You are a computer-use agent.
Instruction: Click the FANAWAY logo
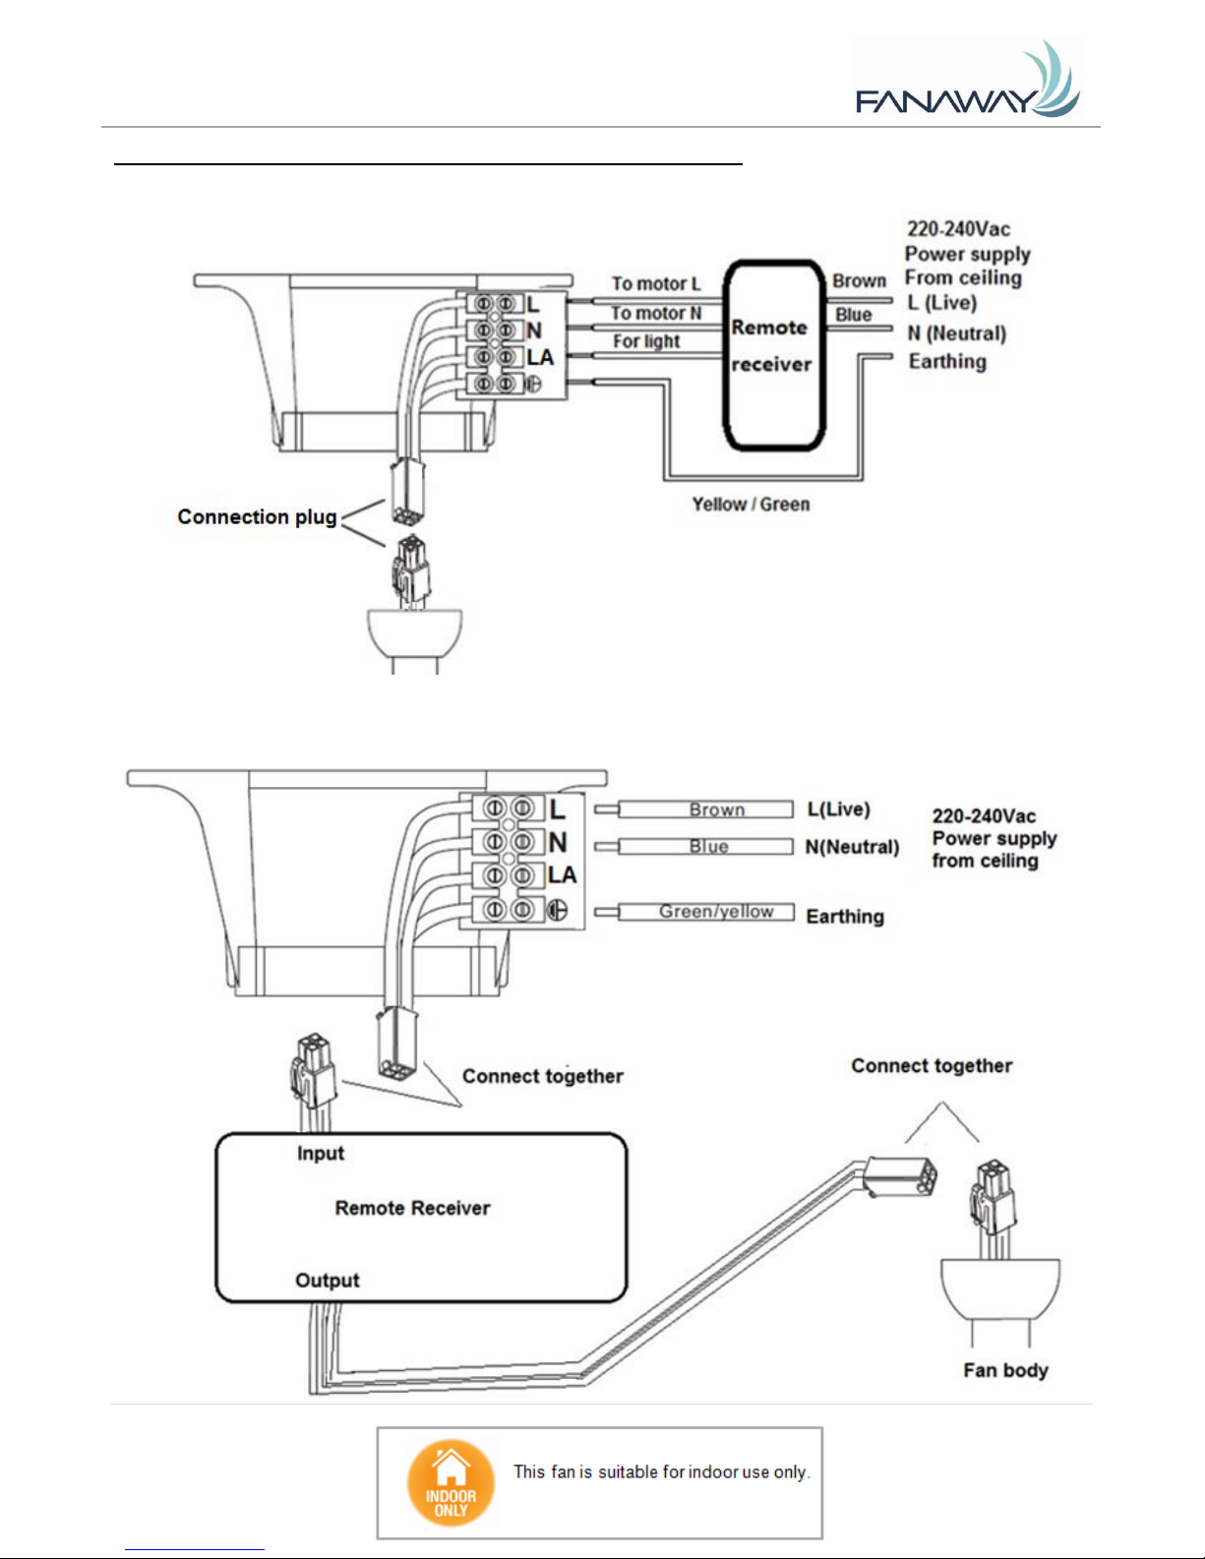(968, 80)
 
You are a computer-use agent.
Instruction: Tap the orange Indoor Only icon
(451, 1482)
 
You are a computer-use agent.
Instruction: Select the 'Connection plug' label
(257, 516)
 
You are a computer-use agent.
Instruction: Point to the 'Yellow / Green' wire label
(751, 505)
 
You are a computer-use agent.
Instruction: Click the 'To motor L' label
(655, 283)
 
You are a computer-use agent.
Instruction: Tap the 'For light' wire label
(645, 341)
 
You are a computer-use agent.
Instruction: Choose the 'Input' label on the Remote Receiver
(321, 1153)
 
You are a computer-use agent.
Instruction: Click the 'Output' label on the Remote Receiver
(327, 1280)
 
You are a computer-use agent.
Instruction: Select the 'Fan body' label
(1005, 1370)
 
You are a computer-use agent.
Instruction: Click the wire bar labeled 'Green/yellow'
(706, 912)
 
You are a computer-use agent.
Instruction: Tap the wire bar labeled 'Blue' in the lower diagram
(705, 847)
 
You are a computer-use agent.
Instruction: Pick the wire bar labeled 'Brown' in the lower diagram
(705, 809)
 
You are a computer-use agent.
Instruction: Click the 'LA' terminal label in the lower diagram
(563, 874)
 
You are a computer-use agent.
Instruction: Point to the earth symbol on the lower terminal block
(558, 911)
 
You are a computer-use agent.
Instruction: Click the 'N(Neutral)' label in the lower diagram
(852, 847)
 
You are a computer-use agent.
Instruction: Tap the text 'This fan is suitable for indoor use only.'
(661, 1472)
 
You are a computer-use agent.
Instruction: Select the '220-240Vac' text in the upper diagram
(958, 229)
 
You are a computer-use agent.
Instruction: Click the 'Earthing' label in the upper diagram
(947, 362)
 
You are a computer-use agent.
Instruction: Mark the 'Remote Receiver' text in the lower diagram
(412, 1208)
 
